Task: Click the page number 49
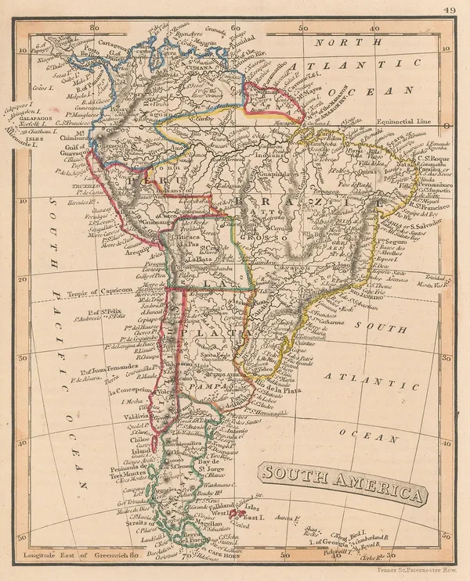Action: point(448,10)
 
